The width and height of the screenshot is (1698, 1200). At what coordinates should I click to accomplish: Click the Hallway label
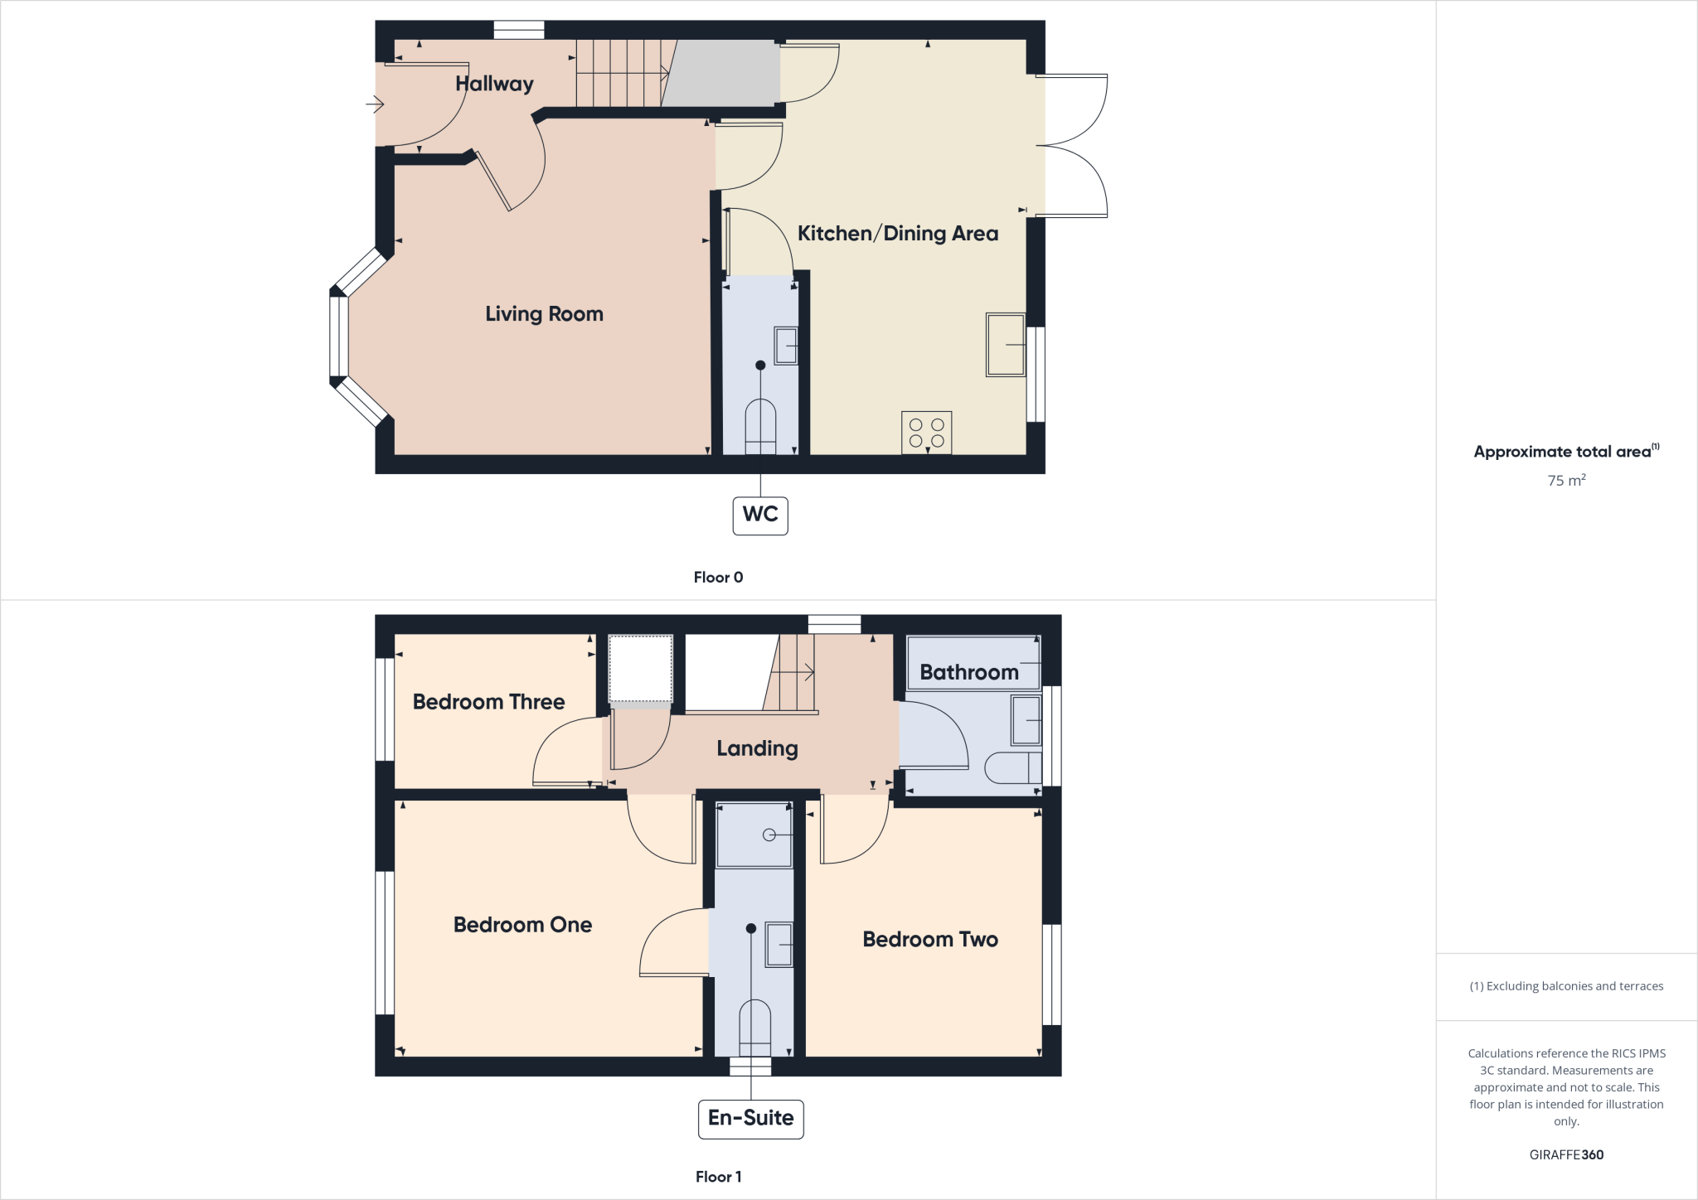coord(494,84)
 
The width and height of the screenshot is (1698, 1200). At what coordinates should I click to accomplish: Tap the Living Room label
coord(544,314)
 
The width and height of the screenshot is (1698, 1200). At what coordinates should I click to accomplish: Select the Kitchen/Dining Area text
coord(897,234)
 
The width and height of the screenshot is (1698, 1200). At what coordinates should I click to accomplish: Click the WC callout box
coord(760,515)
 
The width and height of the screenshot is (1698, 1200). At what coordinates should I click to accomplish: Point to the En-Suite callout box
coord(750,1118)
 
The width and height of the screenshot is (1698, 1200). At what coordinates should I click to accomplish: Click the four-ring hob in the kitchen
coord(927,433)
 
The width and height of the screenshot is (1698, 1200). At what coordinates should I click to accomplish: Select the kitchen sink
coord(1006,344)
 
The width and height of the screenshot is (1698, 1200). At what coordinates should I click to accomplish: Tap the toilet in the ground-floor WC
coord(760,427)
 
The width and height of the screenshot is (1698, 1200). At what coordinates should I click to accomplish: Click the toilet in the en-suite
coord(754,1028)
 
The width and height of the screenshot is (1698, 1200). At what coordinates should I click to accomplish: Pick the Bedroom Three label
coord(488,702)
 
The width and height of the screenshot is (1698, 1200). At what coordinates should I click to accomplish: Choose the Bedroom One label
coord(522,925)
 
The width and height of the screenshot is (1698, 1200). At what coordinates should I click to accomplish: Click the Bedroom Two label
coord(930,940)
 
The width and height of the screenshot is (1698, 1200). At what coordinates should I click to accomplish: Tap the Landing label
coord(757,749)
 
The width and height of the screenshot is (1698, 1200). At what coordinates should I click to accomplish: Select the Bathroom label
coord(968,672)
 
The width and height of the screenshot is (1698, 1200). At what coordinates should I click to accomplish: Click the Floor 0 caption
coord(718,578)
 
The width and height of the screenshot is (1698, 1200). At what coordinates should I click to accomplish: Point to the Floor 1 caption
coord(718,1177)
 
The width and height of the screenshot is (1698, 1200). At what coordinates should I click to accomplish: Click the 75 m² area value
coord(1566,481)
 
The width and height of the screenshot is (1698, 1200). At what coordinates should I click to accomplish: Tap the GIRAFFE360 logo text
coord(1566,1154)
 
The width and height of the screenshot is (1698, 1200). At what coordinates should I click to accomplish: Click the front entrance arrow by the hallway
coord(376,104)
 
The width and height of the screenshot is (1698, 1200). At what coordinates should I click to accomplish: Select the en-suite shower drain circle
coord(769,835)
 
